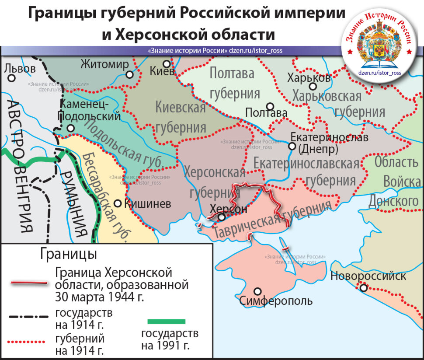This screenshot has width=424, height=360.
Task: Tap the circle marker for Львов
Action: [x=12, y=78]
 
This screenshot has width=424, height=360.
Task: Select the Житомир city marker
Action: [x=129, y=74]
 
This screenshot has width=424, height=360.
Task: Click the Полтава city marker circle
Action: [x=271, y=106]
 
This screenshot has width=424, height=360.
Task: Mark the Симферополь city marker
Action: [x=258, y=291]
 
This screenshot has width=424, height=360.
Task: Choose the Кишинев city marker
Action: [x=118, y=203]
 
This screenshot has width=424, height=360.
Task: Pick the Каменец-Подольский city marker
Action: [x=70, y=128]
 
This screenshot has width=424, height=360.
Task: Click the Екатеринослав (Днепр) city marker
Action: [x=292, y=146]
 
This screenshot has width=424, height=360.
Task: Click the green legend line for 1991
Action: [x=167, y=322]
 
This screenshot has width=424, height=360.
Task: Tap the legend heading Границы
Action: [x=69, y=254]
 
